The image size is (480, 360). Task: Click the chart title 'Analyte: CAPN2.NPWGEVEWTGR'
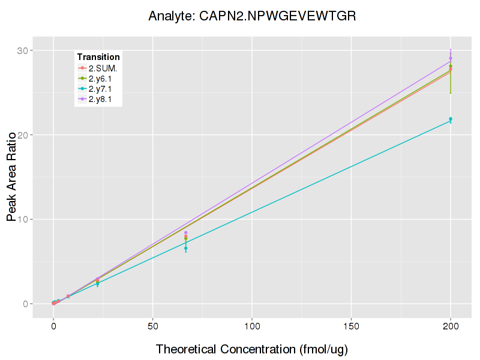tap(253, 16)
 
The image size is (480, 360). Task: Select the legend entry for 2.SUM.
tap(103, 68)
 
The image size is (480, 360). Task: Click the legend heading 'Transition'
tap(98, 57)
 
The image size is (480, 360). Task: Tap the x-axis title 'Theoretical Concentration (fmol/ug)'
tap(252, 349)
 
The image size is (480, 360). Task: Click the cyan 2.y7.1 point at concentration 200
tap(451, 119)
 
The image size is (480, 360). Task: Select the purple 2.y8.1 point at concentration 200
tap(451, 58)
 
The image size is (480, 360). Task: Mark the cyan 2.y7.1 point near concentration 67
tap(186, 248)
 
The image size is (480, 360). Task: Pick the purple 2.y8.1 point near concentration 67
tap(186, 233)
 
